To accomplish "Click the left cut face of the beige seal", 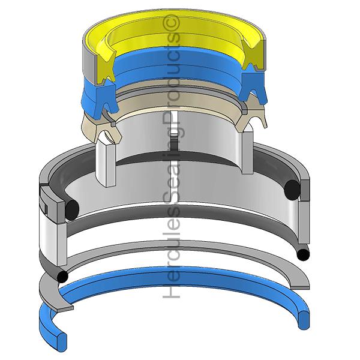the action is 107,131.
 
